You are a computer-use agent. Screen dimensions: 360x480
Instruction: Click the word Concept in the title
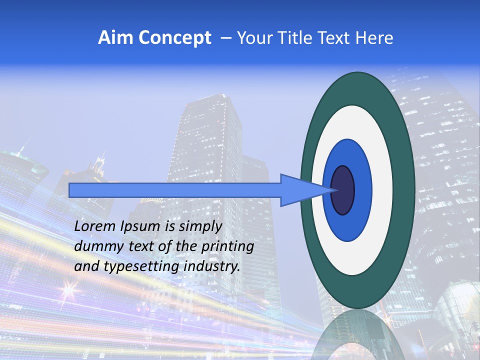[175, 38]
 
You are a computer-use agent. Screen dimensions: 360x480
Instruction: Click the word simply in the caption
[200, 226]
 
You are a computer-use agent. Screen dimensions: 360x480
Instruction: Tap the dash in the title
[225, 38]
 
